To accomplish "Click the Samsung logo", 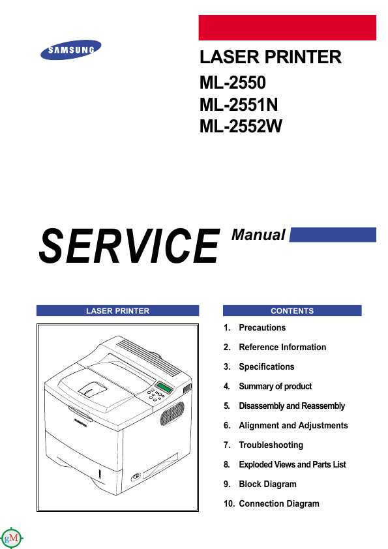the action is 70,50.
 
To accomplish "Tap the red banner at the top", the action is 287,27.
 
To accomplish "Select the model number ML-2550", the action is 233,83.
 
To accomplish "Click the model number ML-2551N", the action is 239,105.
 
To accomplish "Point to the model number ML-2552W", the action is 241,126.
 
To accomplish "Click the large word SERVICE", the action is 129,246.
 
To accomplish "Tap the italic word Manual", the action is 258,235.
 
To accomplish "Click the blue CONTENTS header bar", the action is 292,310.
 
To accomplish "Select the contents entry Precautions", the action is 262,328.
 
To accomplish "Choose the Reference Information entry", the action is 282,348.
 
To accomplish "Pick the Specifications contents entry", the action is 267,367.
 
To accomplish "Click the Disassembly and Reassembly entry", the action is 291,406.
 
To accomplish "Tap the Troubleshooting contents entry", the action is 271,445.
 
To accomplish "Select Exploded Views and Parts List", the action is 292,465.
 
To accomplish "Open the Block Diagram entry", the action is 267,484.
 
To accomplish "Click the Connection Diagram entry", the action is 278,504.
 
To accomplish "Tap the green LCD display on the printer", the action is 164,387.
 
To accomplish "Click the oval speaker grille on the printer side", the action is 172,413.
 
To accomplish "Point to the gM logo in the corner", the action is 12,537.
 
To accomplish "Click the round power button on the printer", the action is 136,477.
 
